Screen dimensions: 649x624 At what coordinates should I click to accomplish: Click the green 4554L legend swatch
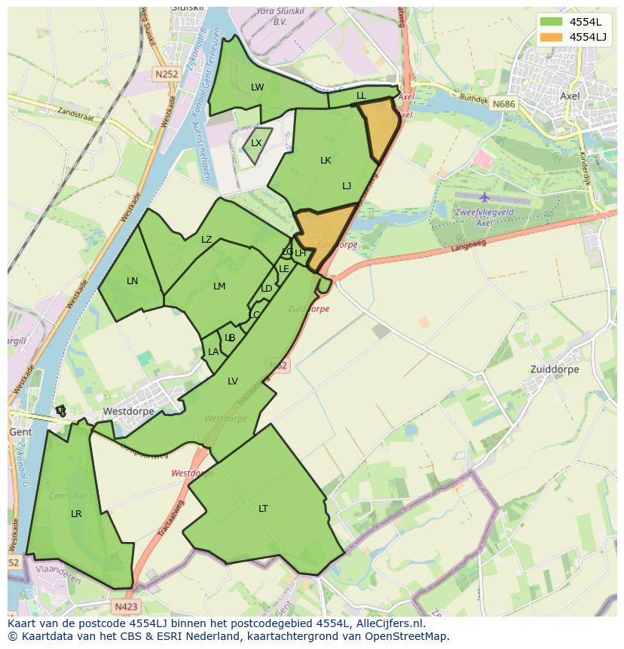coord(551,22)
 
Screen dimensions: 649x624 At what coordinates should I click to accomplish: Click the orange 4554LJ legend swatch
coord(551,37)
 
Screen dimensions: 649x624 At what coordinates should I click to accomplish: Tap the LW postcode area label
coord(258,87)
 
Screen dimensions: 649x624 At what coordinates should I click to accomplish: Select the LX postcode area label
coord(256,143)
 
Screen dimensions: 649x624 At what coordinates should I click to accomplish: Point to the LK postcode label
coord(326,161)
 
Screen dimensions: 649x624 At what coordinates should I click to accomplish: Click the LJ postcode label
coord(347,186)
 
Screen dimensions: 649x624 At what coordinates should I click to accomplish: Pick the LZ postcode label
coord(206,240)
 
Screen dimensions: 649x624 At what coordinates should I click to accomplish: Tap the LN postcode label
coord(133,281)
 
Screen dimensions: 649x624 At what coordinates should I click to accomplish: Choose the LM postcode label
coord(219,286)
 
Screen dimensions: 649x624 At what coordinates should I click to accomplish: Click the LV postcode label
coord(233,381)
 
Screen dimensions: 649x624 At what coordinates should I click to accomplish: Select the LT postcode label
coord(263,509)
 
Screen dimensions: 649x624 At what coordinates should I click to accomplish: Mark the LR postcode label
coord(76,514)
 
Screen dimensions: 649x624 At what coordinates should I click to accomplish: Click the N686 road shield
coord(503,104)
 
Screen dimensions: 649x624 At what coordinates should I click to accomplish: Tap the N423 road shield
coord(127,606)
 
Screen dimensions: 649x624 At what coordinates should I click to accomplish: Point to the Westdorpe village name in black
coord(128,412)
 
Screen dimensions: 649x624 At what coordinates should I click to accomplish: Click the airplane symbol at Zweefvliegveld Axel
coord(483,197)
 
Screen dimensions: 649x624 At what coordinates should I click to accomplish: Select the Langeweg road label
coord(469,246)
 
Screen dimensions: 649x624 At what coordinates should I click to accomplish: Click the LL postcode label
coord(361,96)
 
